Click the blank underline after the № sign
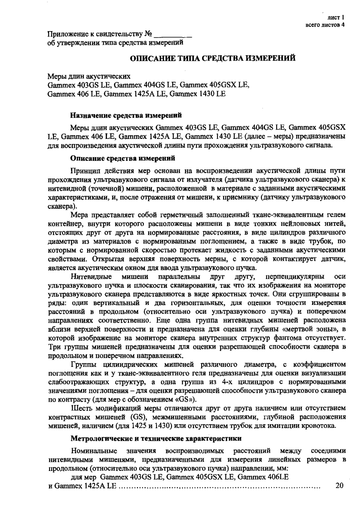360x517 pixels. [173, 34]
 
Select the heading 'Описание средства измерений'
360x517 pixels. [123, 158]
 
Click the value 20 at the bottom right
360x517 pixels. [339, 486]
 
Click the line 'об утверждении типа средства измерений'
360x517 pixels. [115, 42]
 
